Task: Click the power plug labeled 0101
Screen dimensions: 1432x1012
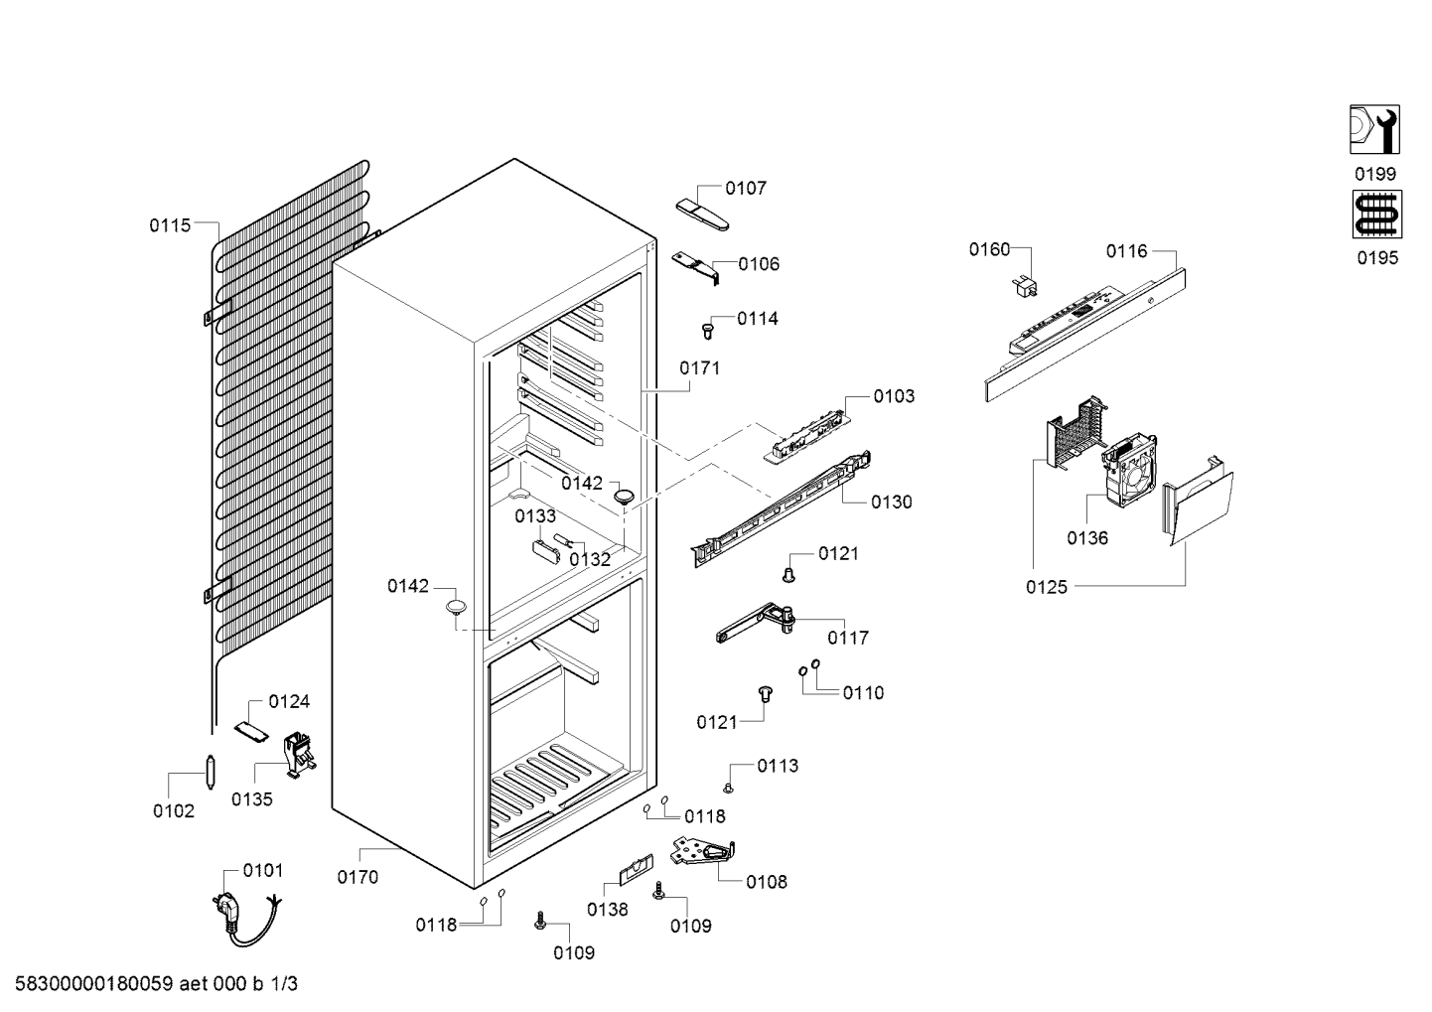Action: (x=245, y=919)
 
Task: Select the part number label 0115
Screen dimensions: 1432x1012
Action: (x=170, y=225)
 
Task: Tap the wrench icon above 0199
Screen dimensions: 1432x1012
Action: (x=1374, y=129)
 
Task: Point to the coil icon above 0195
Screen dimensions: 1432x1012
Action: (x=1377, y=215)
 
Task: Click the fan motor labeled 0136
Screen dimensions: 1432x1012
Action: (x=1128, y=470)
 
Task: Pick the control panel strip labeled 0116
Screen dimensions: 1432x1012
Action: (x=1084, y=335)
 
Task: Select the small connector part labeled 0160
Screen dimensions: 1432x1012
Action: (x=1024, y=286)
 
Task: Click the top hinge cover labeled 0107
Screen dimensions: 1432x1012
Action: (x=702, y=214)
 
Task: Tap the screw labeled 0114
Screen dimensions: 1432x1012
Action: (x=707, y=331)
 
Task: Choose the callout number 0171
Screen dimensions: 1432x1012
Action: (x=699, y=368)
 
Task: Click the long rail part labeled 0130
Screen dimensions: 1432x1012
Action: (x=783, y=508)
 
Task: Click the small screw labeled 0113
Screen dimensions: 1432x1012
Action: (x=728, y=790)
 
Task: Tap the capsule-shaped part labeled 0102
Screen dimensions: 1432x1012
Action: (x=210, y=772)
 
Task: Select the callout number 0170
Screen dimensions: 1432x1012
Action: (x=358, y=877)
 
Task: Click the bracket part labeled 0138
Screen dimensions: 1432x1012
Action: (x=637, y=869)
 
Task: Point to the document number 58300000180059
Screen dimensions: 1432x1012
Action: (x=93, y=984)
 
